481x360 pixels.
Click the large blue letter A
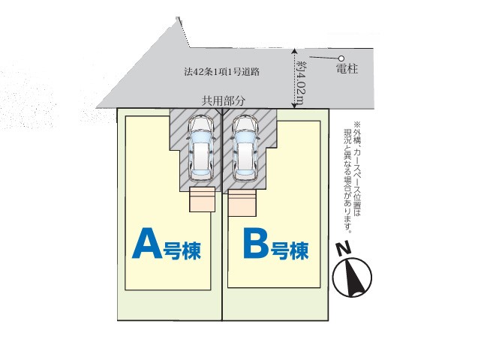click(147, 243)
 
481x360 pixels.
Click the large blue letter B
click(255, 243)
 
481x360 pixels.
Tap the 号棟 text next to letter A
click(182, 250)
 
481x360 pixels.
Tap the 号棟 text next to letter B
click(289, 250)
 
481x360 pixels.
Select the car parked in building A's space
click(201, 148)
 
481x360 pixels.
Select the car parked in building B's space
click(245, 148)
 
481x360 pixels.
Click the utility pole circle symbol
click(341, 58)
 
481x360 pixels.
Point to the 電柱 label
click(347, 68)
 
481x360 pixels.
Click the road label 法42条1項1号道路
click(222, 72)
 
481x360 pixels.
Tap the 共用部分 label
click(224, 100)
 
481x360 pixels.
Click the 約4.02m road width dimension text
click(300, 82)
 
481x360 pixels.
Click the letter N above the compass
click(344, 249)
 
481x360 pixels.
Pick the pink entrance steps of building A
click(202, 199)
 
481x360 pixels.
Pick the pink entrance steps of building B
click(242, 202)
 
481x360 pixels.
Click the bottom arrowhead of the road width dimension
click(294, 106)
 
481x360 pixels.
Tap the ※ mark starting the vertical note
click(357, 124)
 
